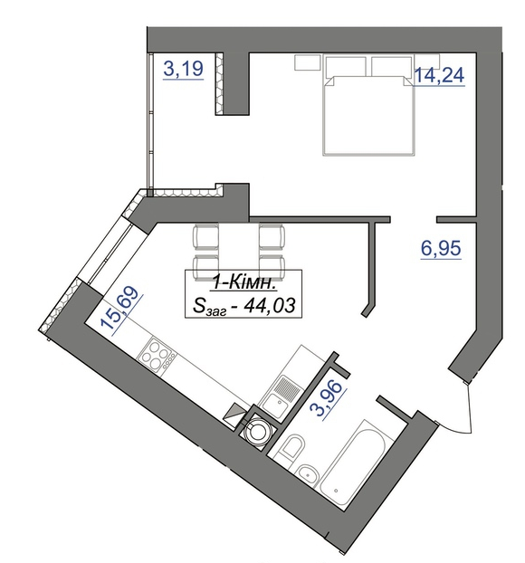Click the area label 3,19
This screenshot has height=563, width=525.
coord(184,69)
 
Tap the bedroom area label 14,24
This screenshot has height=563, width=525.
coord(439,75)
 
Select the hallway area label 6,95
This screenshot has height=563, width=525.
coord(441,248)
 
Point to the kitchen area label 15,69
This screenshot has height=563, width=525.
coord(120,309)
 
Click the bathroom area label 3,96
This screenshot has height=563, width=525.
coord(327,398)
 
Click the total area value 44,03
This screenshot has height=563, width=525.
coord(269,306)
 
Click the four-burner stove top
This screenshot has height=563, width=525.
coord(157,354)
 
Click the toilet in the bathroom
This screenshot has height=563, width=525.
coord(291,445)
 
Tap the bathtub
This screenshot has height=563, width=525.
coord(352,463)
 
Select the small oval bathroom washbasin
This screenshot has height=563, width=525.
coord(307,473)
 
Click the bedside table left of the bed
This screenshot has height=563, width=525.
coord(307,62)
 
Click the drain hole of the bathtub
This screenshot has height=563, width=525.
coord(336,490)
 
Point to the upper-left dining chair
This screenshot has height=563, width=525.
coord(205,236)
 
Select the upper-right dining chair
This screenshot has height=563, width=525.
coord(272,236)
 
